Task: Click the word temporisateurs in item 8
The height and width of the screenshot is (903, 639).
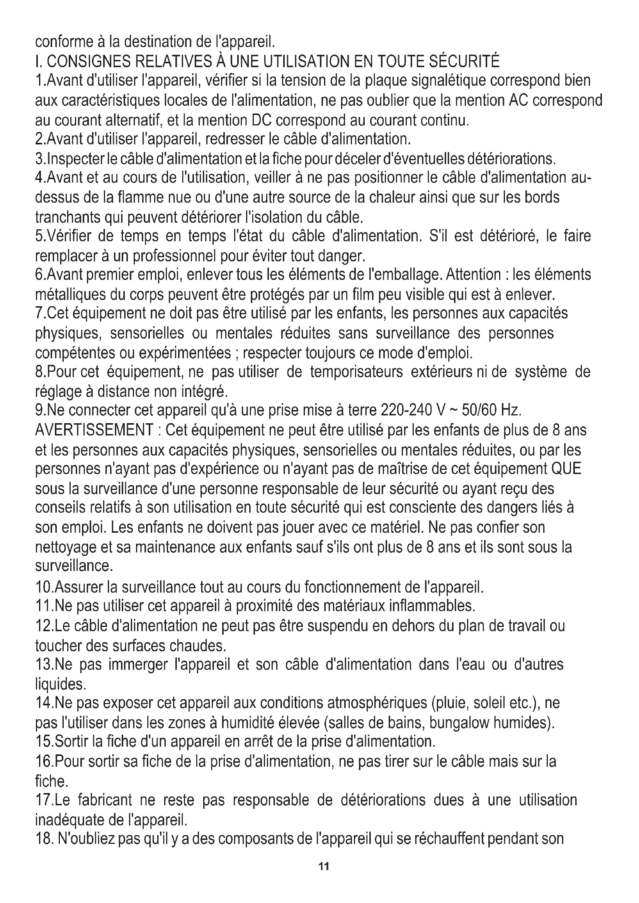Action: coord(356,372)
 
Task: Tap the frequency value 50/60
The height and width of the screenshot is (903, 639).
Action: coord(479,411)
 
